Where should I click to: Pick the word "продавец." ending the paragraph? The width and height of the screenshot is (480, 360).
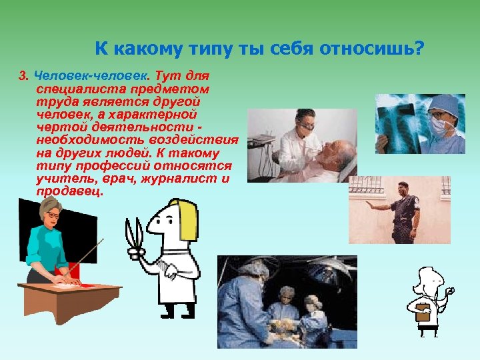click(x=71, y=191)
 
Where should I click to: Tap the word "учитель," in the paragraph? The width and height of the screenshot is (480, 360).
click(x=63, y=179)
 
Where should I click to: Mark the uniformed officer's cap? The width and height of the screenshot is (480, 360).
click(x=405, y=185)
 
